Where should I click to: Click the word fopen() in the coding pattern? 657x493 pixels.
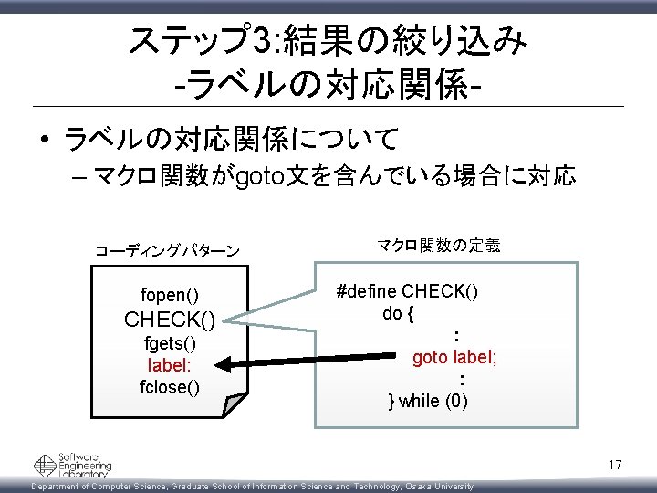[170, 295]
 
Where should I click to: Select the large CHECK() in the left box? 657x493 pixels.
[170, 320]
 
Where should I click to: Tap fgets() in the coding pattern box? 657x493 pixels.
[170, 344]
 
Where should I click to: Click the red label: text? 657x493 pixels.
[170, 364]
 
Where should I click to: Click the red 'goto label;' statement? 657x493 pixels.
[455, 357]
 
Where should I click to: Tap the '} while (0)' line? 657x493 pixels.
[428, 400]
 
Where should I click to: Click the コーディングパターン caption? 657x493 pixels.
[168, 250]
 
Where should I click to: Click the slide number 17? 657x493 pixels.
[614, 466]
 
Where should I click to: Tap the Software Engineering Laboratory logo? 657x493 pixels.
[72, 465]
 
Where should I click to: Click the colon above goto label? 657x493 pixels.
[456, 335]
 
